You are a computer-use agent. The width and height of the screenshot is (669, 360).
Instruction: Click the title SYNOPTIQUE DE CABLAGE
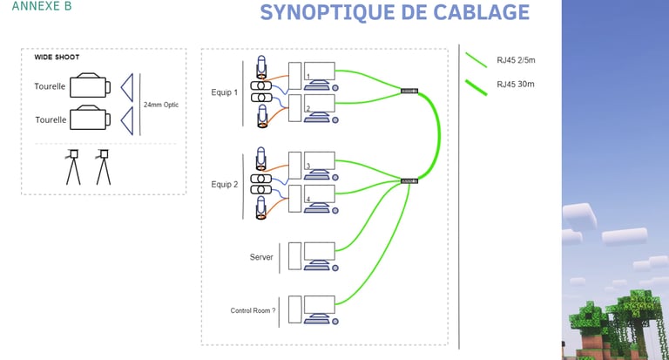click(394, 12)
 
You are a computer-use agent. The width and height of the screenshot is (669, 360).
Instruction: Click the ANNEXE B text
click(43, 7)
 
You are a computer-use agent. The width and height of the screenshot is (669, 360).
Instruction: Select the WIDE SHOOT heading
click(57, 57)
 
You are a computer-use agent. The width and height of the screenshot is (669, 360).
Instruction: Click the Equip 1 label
click(225, 92)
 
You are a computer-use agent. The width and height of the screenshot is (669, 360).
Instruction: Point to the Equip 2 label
click(225, 184)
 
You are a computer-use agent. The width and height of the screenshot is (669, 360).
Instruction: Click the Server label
click(262, 257)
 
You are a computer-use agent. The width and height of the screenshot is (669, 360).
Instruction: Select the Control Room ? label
click(253, 310)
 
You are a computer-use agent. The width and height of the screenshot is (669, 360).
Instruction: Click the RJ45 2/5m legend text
click(515, 61)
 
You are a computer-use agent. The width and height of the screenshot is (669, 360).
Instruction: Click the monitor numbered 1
click(320, 72)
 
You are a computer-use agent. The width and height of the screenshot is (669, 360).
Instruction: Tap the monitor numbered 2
click(320, 105)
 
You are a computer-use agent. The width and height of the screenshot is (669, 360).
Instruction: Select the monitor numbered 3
click(320, 162)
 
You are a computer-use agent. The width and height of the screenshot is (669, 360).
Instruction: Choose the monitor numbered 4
click(320, 196)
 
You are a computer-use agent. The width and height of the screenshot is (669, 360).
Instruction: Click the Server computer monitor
click(320, 253)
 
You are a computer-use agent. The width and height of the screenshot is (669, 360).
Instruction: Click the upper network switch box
click(409, 91)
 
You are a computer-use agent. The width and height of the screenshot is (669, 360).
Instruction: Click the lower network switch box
click(409, 180)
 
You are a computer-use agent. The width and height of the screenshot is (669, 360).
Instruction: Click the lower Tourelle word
click(50, 119)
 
